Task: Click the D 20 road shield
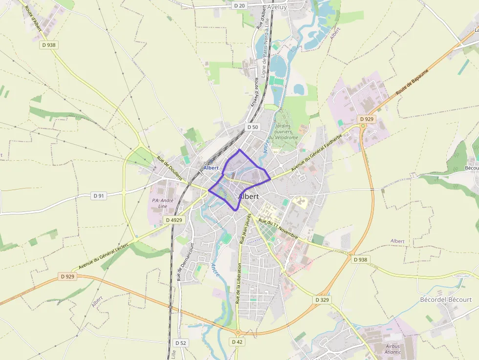point(239,5)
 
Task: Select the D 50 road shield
point(252,127)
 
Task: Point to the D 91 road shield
point(99,196)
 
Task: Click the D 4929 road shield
point(174,220)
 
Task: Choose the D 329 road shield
point(322,299)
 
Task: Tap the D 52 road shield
point(180,343)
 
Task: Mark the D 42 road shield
point(237,342)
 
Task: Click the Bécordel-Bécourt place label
point(446,299)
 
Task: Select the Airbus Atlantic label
point(392,349)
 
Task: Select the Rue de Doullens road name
point(169,169)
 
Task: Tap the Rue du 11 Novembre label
point(278,228)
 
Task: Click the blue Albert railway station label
point(211,168)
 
